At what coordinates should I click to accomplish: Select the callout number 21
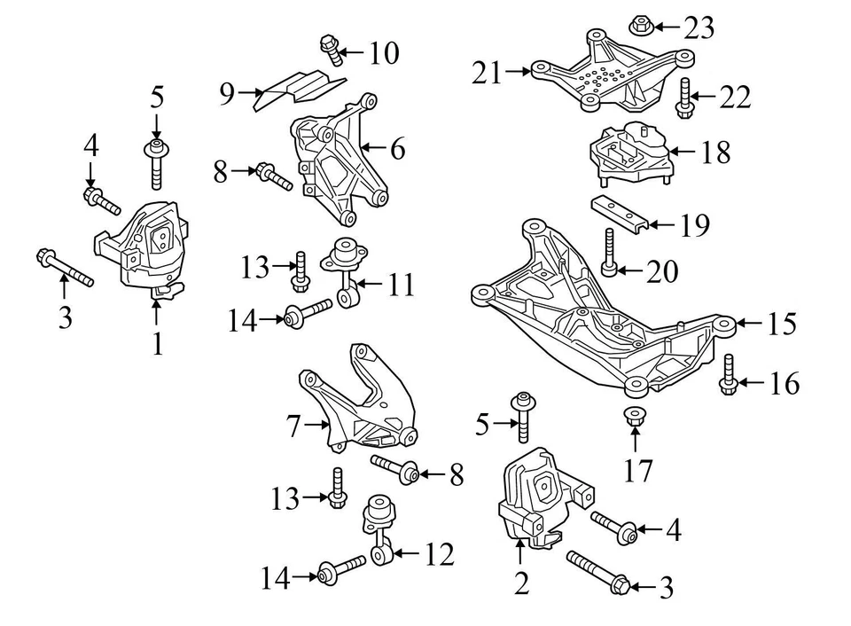click(x=487, y=71)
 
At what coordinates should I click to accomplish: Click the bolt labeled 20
click(x=609, y=253)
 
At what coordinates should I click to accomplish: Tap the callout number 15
click(x=782, y=325)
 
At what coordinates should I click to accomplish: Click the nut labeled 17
click(x=635, y=417)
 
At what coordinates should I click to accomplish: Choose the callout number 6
click(x=396, y=149)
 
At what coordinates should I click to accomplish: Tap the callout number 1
click(x=157, y=343)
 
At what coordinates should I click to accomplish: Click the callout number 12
click(x=439, y=556)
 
